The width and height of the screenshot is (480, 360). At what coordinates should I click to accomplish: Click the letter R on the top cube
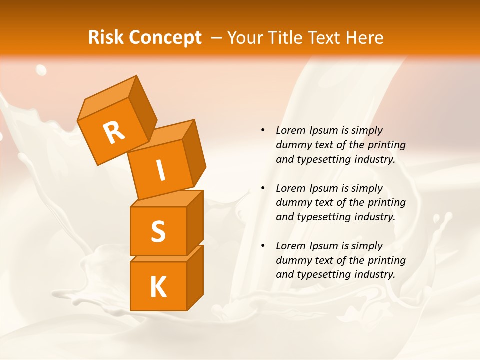click(114, 132)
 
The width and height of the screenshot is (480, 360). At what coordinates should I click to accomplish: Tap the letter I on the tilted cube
click(160, 171)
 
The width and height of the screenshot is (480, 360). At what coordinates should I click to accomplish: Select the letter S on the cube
click(158, 231)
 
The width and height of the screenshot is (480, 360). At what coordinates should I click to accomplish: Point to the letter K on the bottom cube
click(158, 287)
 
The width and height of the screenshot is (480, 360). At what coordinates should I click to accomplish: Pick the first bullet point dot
click(263, 130)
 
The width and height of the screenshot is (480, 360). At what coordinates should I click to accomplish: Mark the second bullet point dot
click(263, 188)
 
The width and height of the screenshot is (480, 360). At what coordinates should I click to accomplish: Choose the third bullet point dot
click(263, 246)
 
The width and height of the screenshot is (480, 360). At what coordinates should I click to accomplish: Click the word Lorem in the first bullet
click(289, 130)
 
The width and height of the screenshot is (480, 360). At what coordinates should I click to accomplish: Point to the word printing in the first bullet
click(386, 145)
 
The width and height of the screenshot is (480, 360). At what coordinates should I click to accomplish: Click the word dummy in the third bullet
click(292, 260)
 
